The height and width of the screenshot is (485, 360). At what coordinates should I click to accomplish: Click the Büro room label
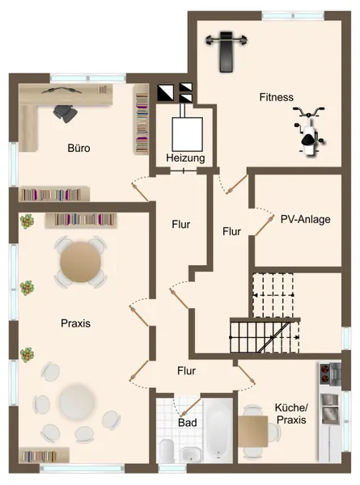(78, 149)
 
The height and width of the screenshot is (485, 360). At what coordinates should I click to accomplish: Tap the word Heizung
(185, 158)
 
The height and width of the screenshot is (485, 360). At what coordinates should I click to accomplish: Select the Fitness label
(276, 97)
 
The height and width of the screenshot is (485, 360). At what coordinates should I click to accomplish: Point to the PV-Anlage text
(305, 218)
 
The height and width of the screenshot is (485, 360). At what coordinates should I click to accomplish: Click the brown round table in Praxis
(79, 260)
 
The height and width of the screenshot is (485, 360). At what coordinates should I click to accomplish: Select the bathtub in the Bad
(217, 432)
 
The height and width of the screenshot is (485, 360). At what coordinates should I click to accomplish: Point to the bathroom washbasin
(190, 453)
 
